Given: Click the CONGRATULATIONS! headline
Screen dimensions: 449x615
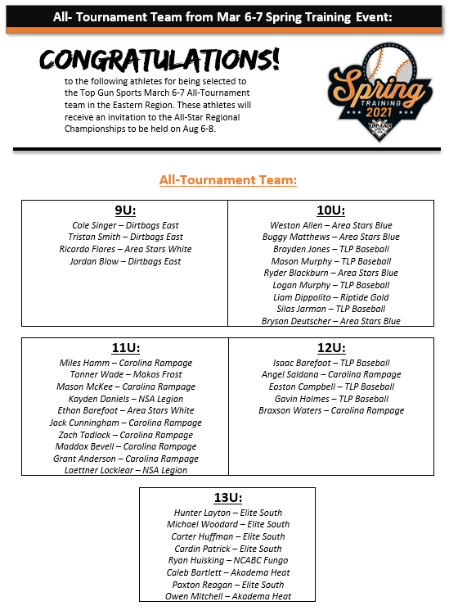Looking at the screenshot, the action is [159, 60].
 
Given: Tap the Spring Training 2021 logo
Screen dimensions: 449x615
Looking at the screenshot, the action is [379, 91].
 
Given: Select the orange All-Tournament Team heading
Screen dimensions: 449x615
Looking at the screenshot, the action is [227, 179].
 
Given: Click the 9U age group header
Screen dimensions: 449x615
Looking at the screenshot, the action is [124, 211].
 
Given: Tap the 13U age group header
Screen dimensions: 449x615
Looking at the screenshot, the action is [227, 499].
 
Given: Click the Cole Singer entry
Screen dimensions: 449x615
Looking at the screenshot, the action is [125, 225].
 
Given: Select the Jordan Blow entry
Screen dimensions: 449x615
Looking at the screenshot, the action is [125, 261].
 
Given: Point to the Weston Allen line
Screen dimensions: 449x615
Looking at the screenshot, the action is [330, 225].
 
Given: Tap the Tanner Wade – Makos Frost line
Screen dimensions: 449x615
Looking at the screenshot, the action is [125, 374].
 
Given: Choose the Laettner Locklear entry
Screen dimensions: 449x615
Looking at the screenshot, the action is [125, 470].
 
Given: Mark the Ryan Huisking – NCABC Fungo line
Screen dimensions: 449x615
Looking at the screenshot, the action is [227, 560].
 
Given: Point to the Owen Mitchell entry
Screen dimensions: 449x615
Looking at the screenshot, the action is [227, 596].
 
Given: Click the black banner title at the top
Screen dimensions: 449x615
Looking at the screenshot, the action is [222, 16].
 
